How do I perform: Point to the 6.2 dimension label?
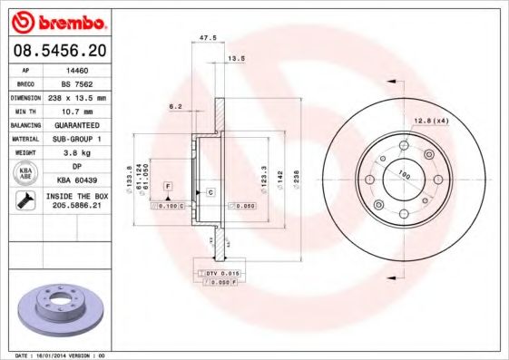click(174, 106)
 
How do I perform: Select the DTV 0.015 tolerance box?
click(220, 273)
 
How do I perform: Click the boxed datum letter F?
click(167, 186)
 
